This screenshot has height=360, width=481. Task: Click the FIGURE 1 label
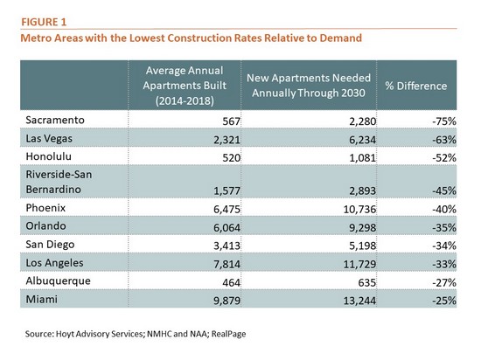coord(44,22)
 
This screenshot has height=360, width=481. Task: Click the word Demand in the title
coord(341,38)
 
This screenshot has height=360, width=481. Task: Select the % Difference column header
coord(416,86)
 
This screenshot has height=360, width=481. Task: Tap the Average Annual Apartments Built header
coord(185,86)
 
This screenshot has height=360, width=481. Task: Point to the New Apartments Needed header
coord(309,85)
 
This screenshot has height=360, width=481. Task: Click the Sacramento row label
coord(55,120)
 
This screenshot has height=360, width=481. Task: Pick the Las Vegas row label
coord(49,138)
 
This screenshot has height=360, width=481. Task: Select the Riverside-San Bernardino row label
coord(59,182)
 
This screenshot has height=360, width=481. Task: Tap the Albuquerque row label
coord(58,281)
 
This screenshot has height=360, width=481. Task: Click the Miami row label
coord(41,299)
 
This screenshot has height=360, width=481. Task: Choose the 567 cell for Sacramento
coord(231,121)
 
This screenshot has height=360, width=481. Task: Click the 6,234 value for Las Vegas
coord(362,140)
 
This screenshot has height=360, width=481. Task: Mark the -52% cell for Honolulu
coord(444,158)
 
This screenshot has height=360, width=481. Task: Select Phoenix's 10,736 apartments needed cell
coord(359,209)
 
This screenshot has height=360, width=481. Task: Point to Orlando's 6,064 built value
coord(227,228)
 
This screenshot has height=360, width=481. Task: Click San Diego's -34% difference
coord(444,246)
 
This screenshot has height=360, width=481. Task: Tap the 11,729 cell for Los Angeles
coord(359,264)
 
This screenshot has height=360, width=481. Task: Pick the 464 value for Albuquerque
coord(231,282)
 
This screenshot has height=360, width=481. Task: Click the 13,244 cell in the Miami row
coord(359,301)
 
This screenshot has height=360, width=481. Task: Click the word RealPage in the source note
coord(228,334)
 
